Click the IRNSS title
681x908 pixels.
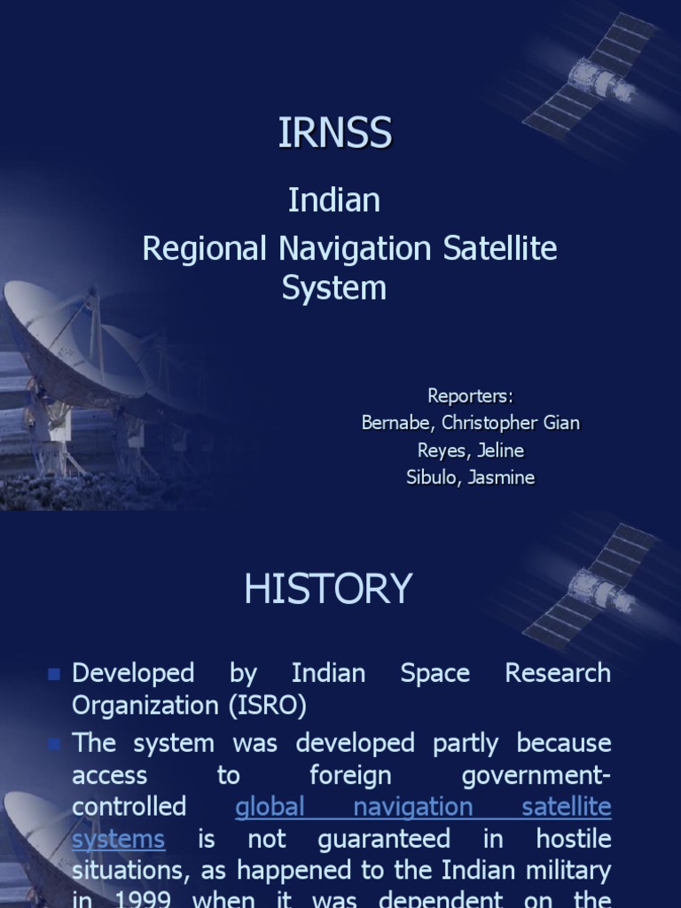[x=334, y=133]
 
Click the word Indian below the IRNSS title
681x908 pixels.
[x=333, y=200]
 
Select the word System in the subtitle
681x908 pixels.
[x=334, y=288]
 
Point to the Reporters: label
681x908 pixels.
[x=470, y=395]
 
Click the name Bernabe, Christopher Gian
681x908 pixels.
[x=470, y=423]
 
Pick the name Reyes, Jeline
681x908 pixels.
[x=470, y=450]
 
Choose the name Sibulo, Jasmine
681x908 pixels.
[x=470, y=478]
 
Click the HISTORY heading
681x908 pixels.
[x=328, y=589]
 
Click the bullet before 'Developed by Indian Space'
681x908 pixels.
[x=54, y=675]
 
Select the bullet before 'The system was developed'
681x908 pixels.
[x=54, y=743]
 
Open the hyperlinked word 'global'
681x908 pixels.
[x=270, y=807]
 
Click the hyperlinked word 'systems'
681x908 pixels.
[x=118, y=839]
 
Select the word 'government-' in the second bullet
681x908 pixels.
[x=536, y=775]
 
